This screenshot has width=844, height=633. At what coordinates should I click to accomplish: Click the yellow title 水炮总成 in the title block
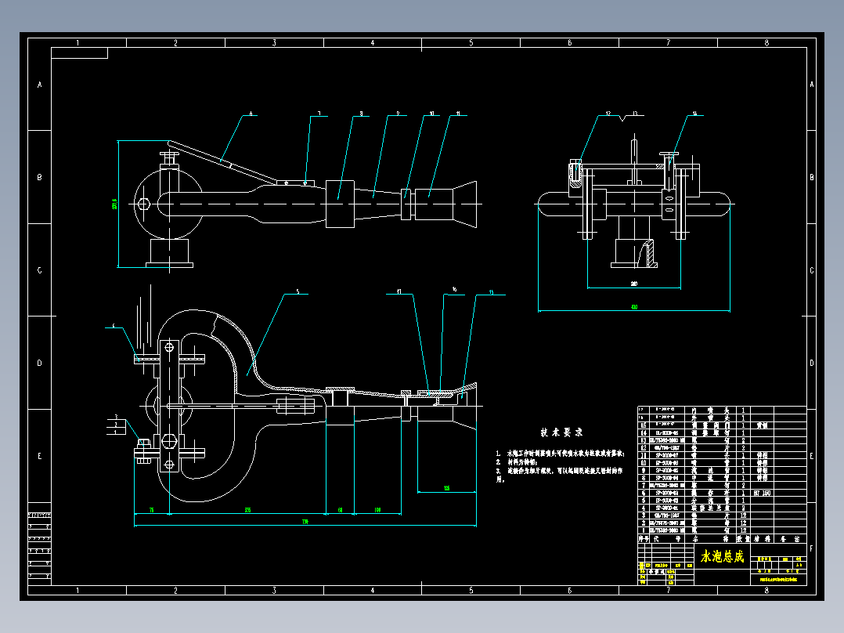pos(722,556)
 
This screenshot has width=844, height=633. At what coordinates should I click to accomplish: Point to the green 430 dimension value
pos(633,307)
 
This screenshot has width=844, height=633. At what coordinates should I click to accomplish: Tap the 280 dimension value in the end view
pos(633,284)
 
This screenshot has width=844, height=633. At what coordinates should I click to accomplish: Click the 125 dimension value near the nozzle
pos(446,488)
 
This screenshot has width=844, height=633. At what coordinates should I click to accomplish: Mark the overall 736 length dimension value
pos(305,521)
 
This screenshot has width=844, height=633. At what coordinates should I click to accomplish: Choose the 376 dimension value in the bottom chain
pos(248,510)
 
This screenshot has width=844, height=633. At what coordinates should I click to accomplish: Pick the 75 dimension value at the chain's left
pos(151,510)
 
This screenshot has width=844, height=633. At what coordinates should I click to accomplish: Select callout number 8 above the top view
pos(361,114)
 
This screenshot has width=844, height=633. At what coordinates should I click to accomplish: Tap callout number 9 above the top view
pos(398,114)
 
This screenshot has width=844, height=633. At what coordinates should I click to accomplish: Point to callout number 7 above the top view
pos(319,114)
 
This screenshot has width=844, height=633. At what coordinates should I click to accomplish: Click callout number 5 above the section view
pos(298,292)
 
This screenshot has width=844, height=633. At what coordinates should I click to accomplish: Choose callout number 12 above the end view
pos(608,114)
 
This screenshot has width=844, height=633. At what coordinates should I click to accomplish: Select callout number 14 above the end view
pos(693,114)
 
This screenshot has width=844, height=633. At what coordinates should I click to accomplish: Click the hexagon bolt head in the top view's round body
pos(142,204)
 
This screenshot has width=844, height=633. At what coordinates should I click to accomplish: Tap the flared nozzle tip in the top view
pos(467,204)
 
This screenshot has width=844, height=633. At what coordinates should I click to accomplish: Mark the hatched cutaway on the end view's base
pos(647,253)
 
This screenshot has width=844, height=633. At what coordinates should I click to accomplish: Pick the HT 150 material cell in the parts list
pos(762,494)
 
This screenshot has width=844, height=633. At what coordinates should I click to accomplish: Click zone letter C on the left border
pos(39,270)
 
